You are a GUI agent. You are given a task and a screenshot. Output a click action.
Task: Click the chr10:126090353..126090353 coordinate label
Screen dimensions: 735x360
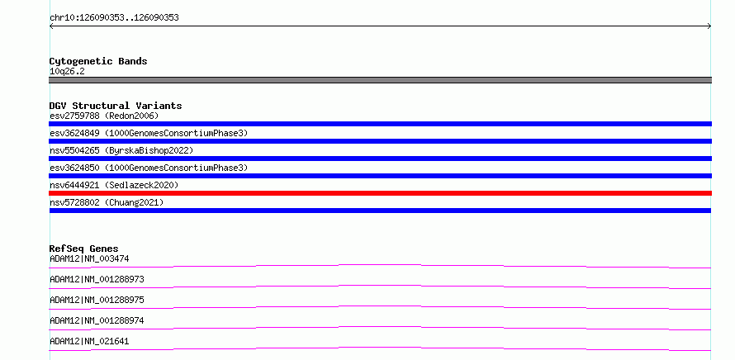(114, 18)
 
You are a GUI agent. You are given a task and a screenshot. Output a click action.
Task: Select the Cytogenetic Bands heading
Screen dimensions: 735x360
(98, 61)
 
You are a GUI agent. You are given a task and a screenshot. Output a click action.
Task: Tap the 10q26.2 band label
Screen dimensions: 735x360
(67, 72)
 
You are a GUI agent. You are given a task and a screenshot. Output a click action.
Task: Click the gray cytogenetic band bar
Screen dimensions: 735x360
(380, 80)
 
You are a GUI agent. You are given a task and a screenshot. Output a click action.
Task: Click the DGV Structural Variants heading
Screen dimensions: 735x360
(116, 106)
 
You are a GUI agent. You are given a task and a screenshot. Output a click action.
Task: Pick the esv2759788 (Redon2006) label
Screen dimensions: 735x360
(104, 116)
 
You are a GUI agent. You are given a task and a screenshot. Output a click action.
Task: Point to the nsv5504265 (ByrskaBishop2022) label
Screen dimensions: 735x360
(121, 150)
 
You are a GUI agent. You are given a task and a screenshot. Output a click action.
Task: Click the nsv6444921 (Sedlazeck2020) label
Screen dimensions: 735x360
(114, 185)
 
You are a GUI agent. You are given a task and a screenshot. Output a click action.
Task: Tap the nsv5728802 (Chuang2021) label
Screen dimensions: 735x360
(107, 202)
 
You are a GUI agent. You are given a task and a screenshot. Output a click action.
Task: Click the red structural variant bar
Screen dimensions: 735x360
(380, 193)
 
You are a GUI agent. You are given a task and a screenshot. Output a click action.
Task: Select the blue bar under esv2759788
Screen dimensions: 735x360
(380, 124)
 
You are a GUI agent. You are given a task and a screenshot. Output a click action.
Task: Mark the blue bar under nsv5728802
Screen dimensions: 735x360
(380, 211)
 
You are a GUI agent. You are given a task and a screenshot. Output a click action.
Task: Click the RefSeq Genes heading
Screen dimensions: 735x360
(84, 249)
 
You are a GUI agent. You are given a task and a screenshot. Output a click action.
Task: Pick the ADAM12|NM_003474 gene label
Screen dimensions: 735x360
(89, 258)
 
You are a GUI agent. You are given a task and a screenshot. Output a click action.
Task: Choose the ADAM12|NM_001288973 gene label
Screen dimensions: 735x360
(97, 279)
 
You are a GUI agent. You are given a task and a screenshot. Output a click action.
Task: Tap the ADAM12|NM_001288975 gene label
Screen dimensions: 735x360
(97, 300)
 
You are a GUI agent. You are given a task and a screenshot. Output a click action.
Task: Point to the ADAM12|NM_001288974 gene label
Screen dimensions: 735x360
(97, 320)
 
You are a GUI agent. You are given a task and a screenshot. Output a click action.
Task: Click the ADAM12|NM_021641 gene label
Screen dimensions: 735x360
(89, 341)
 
